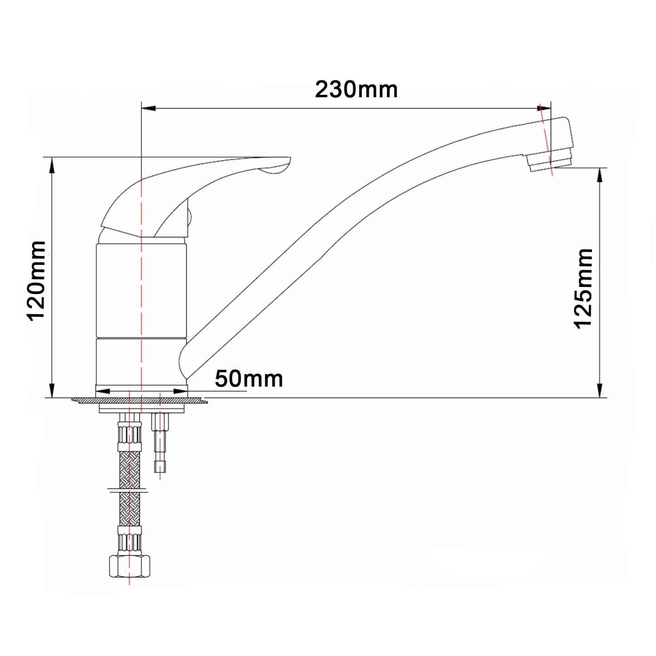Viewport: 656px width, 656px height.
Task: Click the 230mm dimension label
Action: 356,89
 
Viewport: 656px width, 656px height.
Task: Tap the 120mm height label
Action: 36,281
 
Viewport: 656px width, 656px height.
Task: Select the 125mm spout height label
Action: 583,288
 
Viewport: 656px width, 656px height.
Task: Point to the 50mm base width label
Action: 249,379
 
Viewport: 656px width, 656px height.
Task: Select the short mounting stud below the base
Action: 160,443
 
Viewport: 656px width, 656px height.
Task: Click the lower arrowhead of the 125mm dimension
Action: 601,390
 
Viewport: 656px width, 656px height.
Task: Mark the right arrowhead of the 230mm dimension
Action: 543,109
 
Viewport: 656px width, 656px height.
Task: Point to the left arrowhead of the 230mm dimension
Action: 149,109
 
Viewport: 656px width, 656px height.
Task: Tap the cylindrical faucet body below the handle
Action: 141,291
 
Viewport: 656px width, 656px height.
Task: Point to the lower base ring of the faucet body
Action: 141,361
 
